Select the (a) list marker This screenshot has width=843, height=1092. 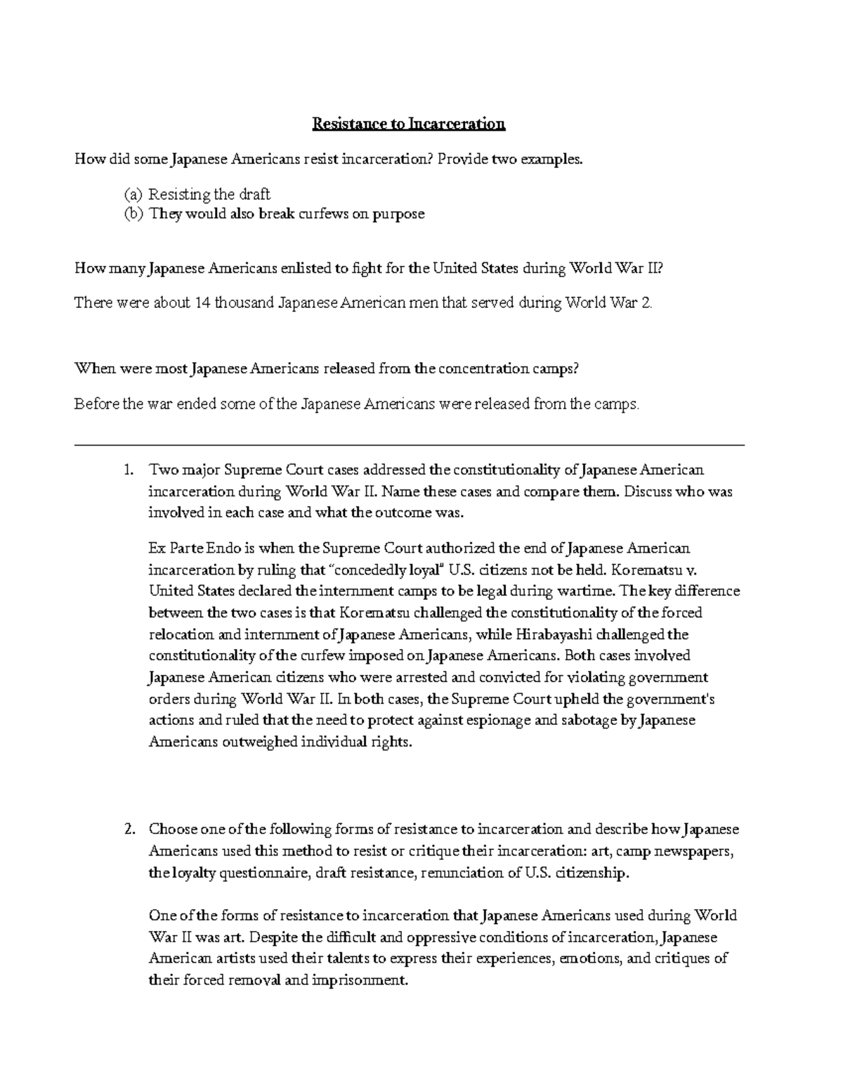tap(133, 194)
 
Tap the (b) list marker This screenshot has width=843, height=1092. tap(133, 214)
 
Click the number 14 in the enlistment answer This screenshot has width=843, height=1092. tap(202, 303)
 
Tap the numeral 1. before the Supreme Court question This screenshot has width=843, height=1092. tap(128, 470)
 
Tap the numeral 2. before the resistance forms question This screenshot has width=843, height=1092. tap(128, 830)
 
